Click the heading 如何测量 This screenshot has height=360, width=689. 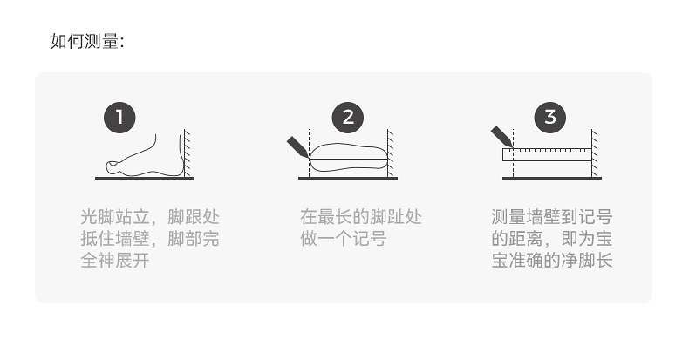pos(87,41)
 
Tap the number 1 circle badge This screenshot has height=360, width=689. pos(119,118)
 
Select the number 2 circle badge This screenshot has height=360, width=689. pos(348,118)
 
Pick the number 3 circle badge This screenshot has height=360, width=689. pos(549,118)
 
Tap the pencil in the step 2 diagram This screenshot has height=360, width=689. pos(297,146)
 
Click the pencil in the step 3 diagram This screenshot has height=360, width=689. pos(501,136)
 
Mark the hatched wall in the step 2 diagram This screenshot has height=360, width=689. pos(392,153)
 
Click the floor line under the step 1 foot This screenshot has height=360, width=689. pos(144,178)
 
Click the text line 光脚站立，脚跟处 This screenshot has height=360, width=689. pos(149,217)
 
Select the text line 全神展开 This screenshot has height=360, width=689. pos(114,261)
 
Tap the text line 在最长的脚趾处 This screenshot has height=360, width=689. pos(360,217)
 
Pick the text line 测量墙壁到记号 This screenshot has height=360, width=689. pos(551,217)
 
